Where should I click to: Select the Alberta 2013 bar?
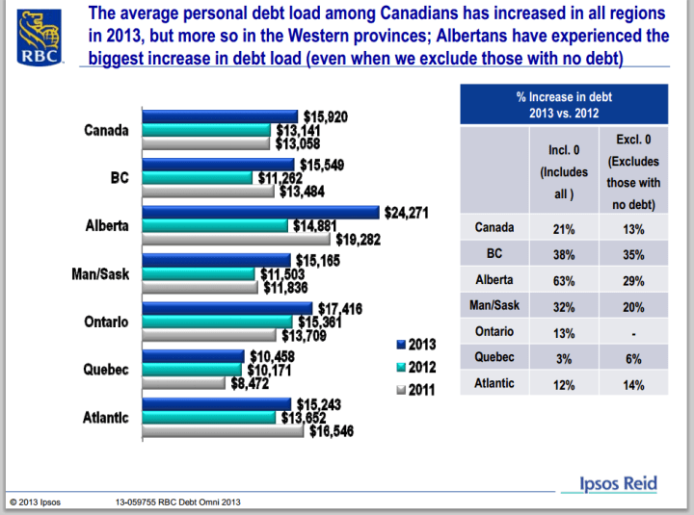click(x=260, y=213)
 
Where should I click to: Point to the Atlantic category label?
click(x=106, y=417)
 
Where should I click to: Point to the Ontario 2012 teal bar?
click(x=217, y=321)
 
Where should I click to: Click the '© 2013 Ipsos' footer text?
click(x=35, y=502)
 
